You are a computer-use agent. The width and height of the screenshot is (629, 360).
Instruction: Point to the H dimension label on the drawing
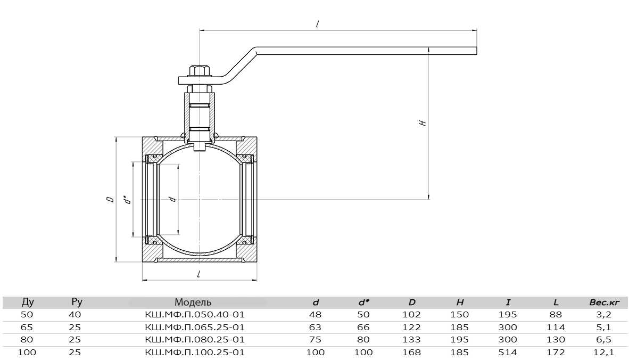(x=423, y=123)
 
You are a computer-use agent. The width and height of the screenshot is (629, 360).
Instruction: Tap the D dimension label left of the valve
(x=110, y=199)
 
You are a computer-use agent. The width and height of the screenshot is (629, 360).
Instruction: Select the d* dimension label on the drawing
(x=127, y=200)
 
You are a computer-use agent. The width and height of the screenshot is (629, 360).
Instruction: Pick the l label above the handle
(x=317, y=24)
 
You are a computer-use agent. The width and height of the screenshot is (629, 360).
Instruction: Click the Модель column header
(x=193, y=302)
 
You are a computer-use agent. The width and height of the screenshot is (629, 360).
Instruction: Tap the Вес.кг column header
(x=605, y=302)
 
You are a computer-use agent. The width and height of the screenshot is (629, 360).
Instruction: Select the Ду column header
(x=27, y=302)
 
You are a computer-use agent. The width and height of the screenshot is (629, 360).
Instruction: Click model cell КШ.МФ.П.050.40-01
(x=195, y=315)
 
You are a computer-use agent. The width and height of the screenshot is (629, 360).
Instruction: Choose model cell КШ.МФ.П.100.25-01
(x=195, y=353)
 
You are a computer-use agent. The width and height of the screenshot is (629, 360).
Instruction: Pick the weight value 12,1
(x=605, y=353)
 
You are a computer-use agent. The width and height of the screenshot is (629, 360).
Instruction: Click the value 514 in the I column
(x=508, y=353)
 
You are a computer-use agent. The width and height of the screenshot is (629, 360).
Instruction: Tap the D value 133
(x=411, y=340)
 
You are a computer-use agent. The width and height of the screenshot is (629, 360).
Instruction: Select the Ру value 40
(x=75, y=315)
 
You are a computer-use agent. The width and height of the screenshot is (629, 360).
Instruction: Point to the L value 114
(x=556, y=327)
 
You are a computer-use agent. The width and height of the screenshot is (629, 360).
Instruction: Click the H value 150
(x=460, y=315)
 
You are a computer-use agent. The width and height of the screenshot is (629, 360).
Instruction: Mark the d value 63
(x=316, y=327)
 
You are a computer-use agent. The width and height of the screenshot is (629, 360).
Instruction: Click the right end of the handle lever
(x=477, y=51)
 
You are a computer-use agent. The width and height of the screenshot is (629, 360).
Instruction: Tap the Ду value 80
(x=27, y=340)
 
